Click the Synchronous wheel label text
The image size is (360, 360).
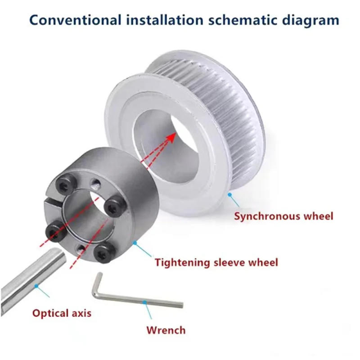[x=283, y=216]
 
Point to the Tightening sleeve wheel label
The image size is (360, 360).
[x=216, y=262]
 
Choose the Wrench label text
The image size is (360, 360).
[x=166, y=330]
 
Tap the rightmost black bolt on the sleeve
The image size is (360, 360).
[x=110, y=206]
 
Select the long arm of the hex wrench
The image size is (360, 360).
[x=144, y=301]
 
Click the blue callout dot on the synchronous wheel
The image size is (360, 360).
[x=230, y=194]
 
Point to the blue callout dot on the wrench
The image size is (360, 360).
[x=144, y=302]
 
